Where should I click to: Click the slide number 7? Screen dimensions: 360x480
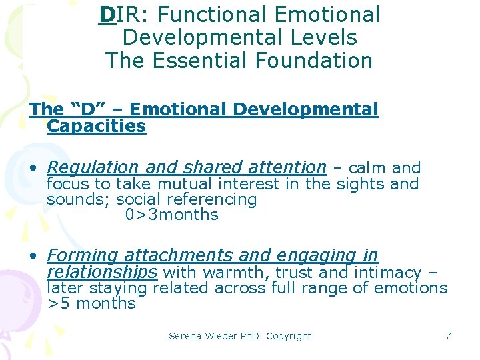click(x=448, y=336)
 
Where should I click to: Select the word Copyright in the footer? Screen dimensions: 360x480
click(x=288, y=336)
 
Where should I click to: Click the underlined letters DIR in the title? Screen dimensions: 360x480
click(x=117, y=15)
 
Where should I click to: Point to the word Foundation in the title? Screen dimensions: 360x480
click(x=316, y=61)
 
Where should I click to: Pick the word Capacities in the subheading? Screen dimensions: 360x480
click(x=96, y=126)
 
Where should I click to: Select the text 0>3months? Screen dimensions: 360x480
click(x=171, y=215)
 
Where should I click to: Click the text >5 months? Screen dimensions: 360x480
click(x=91, y=303)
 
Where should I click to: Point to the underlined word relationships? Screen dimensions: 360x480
click(x=102, y=272)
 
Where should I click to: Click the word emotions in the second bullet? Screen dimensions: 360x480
click(x=411, y=288)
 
